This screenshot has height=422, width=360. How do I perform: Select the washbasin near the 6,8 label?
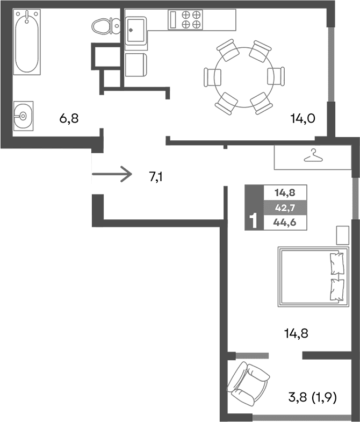tap(23, 115)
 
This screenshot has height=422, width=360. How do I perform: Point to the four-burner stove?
tap(192, 20)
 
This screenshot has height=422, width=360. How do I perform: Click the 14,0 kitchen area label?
tap(303, 119)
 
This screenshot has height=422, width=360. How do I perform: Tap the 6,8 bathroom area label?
tap(69, 118)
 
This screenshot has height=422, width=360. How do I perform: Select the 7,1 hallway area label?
tap(156, 176)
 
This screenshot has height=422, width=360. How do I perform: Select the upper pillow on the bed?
tap(337, 263)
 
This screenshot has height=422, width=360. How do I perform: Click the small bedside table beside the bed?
tap(342, 235)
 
